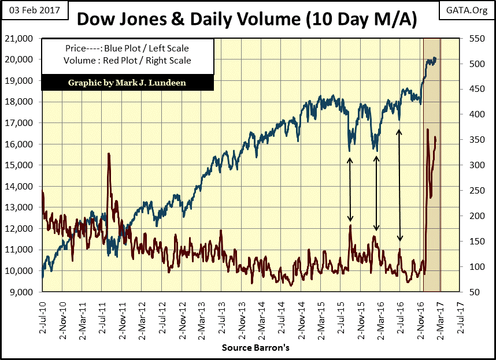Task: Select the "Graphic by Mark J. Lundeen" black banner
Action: click(127, 82)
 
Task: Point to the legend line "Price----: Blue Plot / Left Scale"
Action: click(127, 49)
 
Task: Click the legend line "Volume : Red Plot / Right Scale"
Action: click(127, 60)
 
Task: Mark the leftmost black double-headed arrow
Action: click(350, 190)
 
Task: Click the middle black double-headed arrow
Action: click(376, 193)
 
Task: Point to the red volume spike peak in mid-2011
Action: click(108, 154)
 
